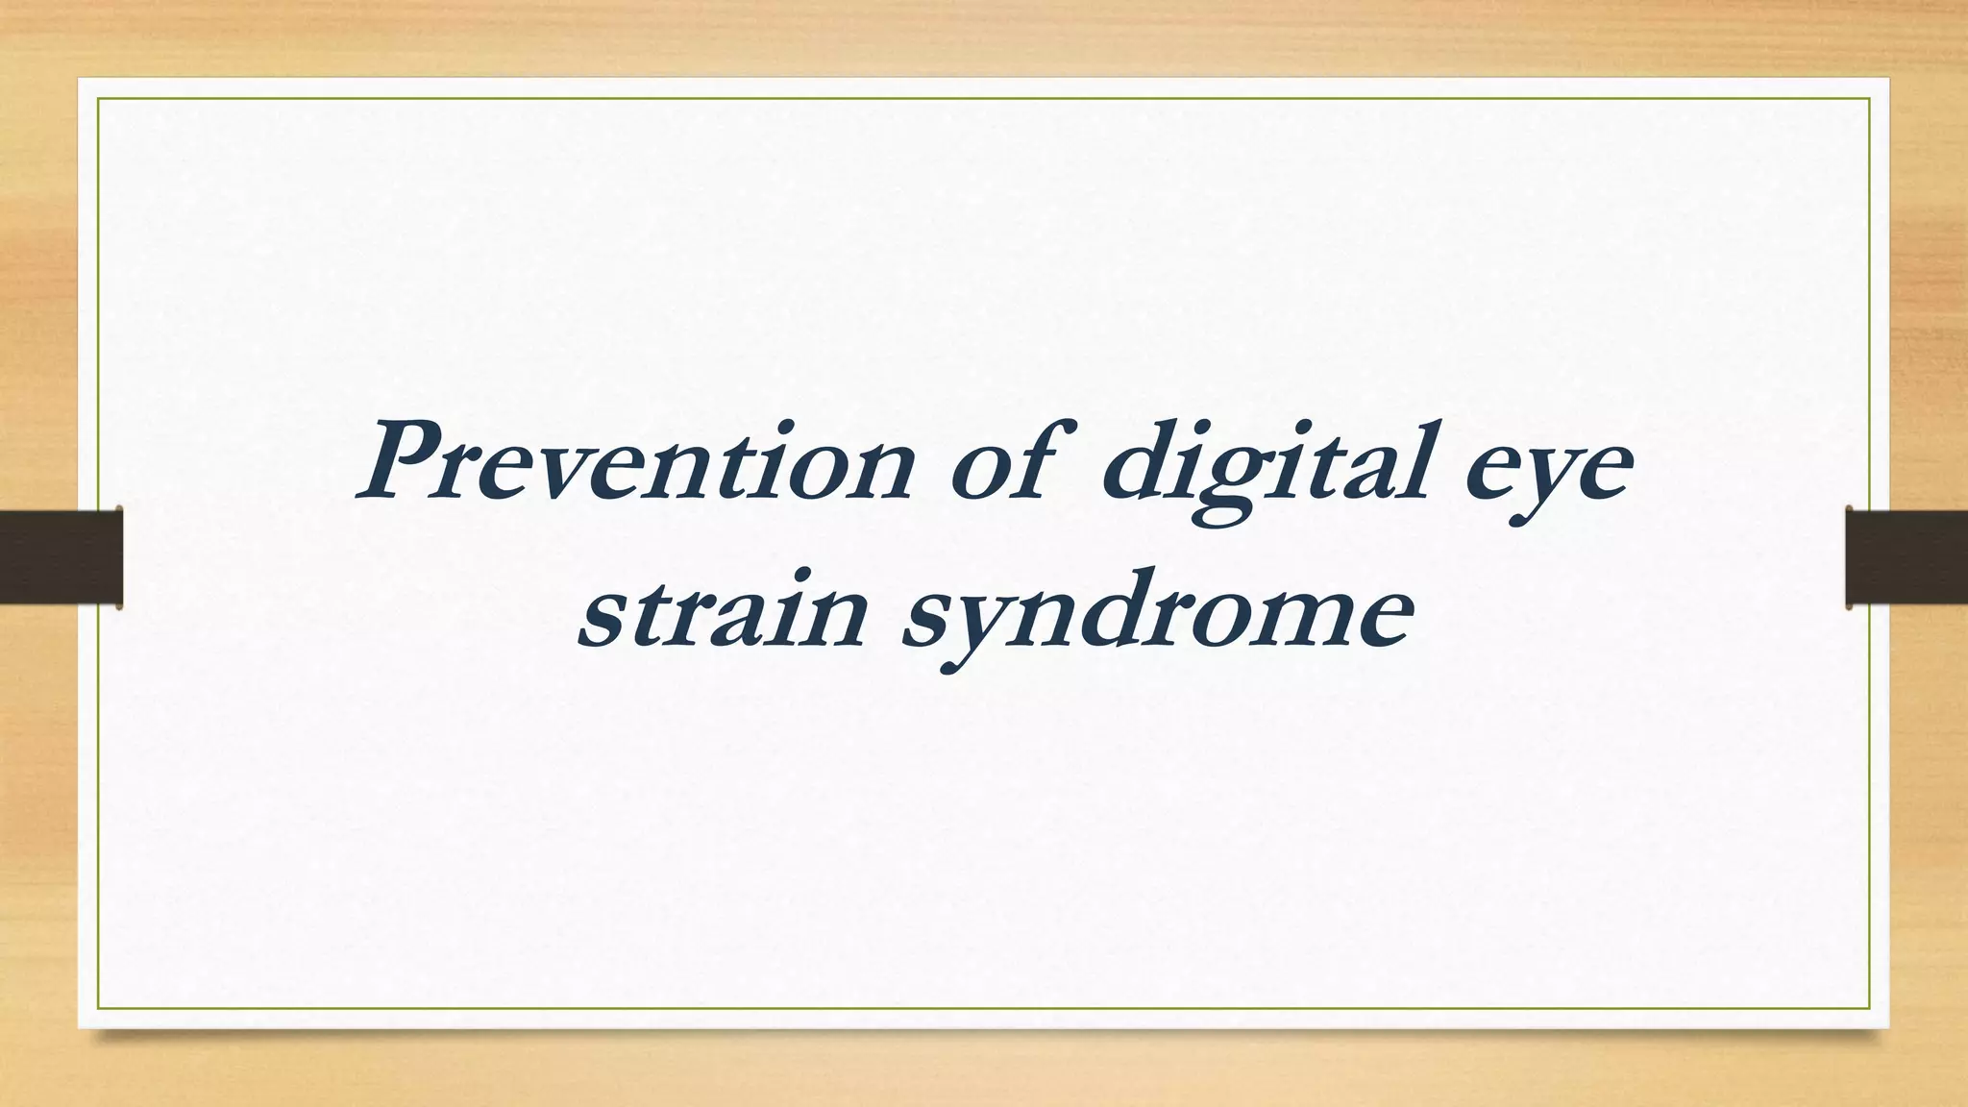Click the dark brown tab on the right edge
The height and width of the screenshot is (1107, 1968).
click(1906, 557)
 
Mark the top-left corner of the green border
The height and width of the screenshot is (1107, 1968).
click(98, 98)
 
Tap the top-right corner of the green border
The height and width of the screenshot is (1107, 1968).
click(1870, 98)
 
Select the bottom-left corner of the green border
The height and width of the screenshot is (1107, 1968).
click(98, 1008)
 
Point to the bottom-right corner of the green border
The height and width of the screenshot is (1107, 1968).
click(1870, 1008)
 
